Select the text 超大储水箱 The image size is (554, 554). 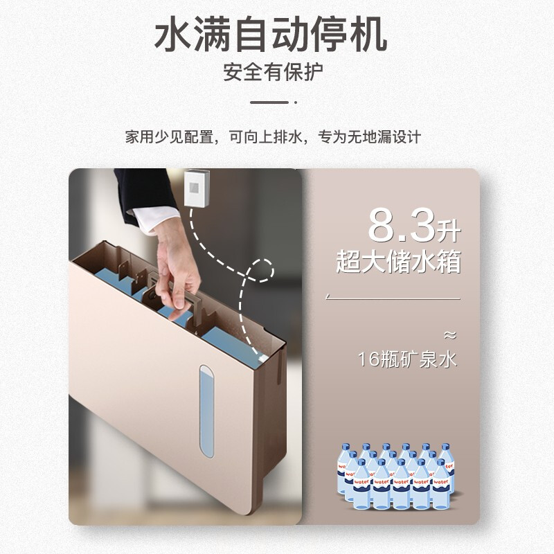pyautogui.click(x=398, y=262)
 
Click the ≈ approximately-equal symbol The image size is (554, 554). pyautogui.click(x=450, y=335)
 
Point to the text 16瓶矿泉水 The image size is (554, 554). pyautogui.click(x=408, y=360)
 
